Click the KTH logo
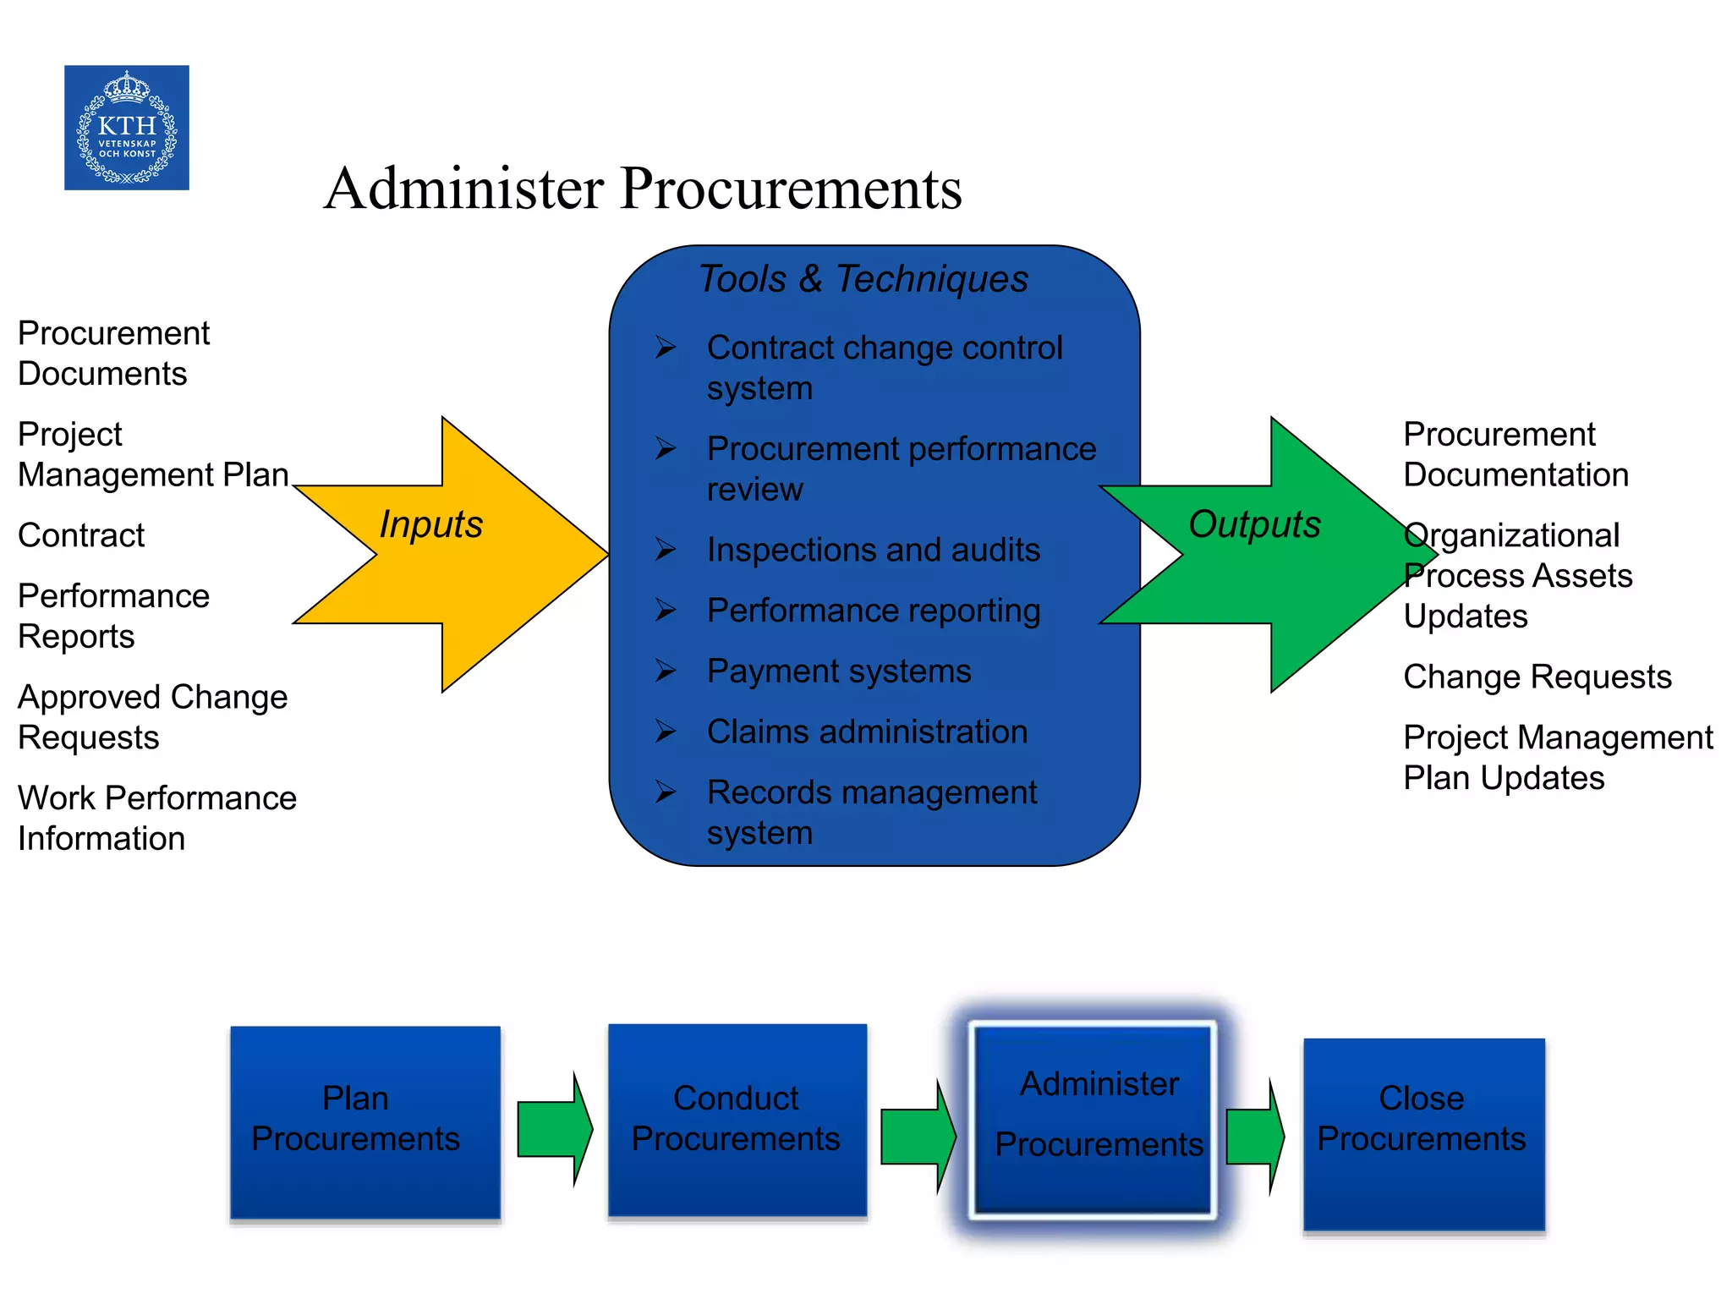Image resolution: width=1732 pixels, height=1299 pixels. pyautogui.click(x=127, y=128)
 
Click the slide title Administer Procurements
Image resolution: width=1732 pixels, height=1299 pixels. pyautogui.click(x=643, y=188)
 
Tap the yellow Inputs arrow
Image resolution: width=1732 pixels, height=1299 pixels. pyautogui.click(x=474, y=554)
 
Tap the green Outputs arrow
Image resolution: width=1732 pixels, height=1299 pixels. pyautogui.click(x=1285, y=554)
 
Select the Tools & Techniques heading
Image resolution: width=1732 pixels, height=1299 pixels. pyautogui.click(x=863, y=279)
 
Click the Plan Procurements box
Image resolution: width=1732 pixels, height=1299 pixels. pyautogui.click(x=365, y=1121)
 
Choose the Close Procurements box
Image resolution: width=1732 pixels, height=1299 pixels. pyautogui.click(x=1423, y=1133)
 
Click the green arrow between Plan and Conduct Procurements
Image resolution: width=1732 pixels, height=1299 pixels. pyautogui.click(x=554, y=1129)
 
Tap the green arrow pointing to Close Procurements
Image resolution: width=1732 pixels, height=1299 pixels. pyautogui.click(x=1255, y=1137)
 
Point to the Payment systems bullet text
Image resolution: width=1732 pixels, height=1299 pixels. pyautogui.click(x=839, y=671)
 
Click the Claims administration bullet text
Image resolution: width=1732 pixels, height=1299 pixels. pyautogui.click(x=867, y=732)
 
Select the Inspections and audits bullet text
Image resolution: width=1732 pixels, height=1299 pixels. pyautogui.click(x=873, y=551)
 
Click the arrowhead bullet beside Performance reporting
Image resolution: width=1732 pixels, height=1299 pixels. pyautogui.click(x=666, y=611)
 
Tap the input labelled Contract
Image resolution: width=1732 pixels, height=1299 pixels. pyautogui.click(x=81, y=535)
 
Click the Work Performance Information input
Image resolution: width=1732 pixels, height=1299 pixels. pyautogui.click(x=156, y=818)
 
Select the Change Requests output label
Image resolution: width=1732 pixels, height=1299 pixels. pyautogui.click(x=1537, y=677)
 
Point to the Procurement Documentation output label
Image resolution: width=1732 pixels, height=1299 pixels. pyautogui.click(x=1515, y=455)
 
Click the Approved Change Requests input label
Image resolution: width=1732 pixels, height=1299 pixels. pyautogui.click(x=152, y=717)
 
